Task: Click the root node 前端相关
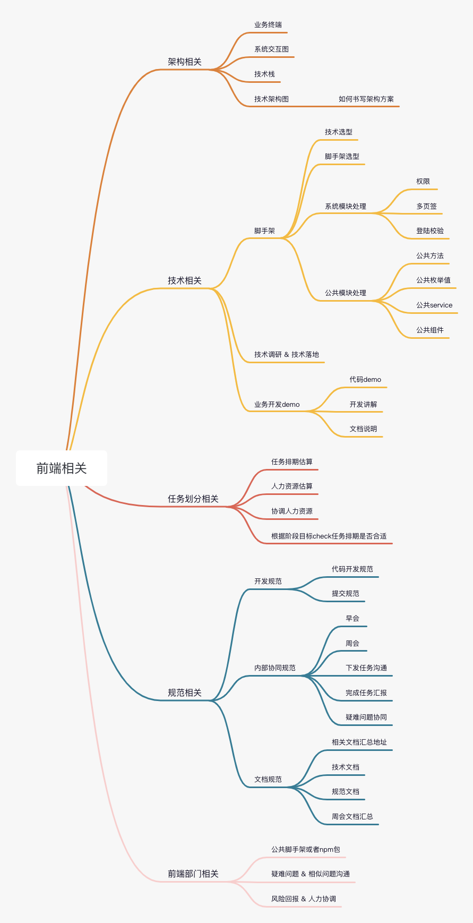62,468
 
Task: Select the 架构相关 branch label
185,62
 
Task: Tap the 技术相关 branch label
185,280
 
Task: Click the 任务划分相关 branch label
193,499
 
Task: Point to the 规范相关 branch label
185,693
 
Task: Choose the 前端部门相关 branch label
193,874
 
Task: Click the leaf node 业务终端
268,24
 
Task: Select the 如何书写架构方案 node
366,99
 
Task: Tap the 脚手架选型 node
342,156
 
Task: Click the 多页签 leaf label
426,206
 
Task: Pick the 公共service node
434,305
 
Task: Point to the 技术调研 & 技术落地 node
287,354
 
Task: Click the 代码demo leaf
365,379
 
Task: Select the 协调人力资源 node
292,511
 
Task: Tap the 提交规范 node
346,593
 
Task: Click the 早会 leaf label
352,618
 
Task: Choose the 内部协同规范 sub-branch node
275,668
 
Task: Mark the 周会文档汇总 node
352,816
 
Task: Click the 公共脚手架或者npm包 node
306,849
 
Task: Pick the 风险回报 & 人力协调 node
304,899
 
